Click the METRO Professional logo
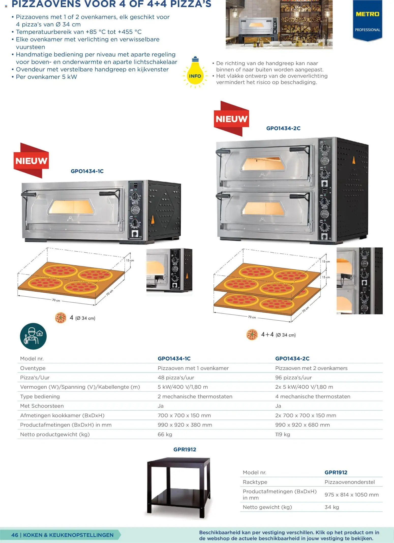click(367, 20)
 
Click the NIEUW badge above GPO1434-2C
click(231, 118)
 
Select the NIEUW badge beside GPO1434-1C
click(31, 160)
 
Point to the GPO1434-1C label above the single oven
click(87, 171)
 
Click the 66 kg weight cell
click(165, 434)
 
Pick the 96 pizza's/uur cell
click(293, 378)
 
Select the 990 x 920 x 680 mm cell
click(302, 425)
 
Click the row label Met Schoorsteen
click(42, 406)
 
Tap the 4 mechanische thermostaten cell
click(313, 396)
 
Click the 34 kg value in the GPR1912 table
click(332, 507)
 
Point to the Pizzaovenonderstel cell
click(350, 482)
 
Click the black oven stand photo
click(179, 488)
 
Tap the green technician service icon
click(33, 336)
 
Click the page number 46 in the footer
click(15, 535)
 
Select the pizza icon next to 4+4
click(252, 335)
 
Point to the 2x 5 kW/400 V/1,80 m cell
click(304, 387)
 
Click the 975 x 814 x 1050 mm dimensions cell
click(352, 495)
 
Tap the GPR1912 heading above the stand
click(185, 450)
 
